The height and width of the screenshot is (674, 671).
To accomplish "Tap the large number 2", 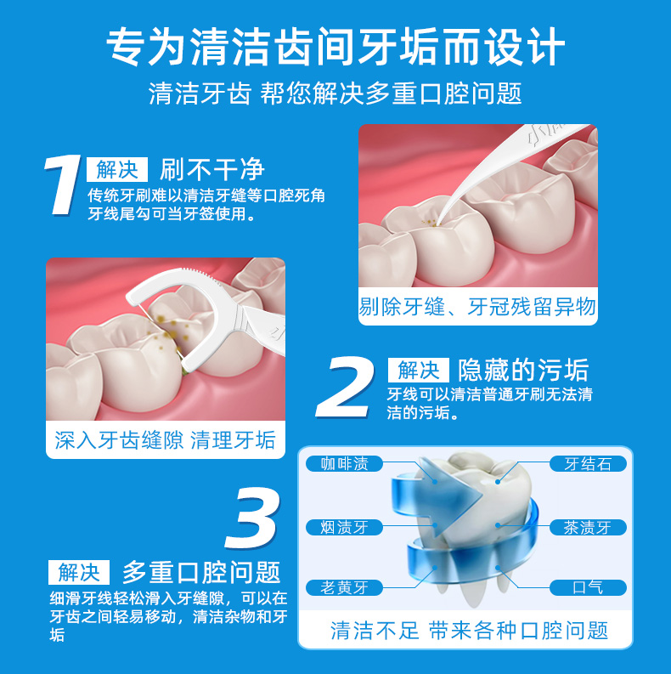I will point(346,388).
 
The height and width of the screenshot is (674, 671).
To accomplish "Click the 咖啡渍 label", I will point(344,464).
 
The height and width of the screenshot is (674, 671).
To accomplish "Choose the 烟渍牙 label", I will point(344,527).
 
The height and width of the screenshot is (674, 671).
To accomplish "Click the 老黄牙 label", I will point(344,587).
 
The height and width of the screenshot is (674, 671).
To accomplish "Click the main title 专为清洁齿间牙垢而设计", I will point(335,47).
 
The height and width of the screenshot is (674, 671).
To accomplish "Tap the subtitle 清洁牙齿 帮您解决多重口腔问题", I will point(335,93).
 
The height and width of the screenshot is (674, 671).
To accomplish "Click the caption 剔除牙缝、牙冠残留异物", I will point(477,307).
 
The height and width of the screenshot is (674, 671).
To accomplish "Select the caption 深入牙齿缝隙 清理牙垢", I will point(166,440).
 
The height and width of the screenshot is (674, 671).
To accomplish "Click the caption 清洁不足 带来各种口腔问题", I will point(469,630).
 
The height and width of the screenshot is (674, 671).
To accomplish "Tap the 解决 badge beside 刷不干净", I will point(117,168).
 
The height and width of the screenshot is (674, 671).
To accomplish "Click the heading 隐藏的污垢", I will point(522,370).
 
